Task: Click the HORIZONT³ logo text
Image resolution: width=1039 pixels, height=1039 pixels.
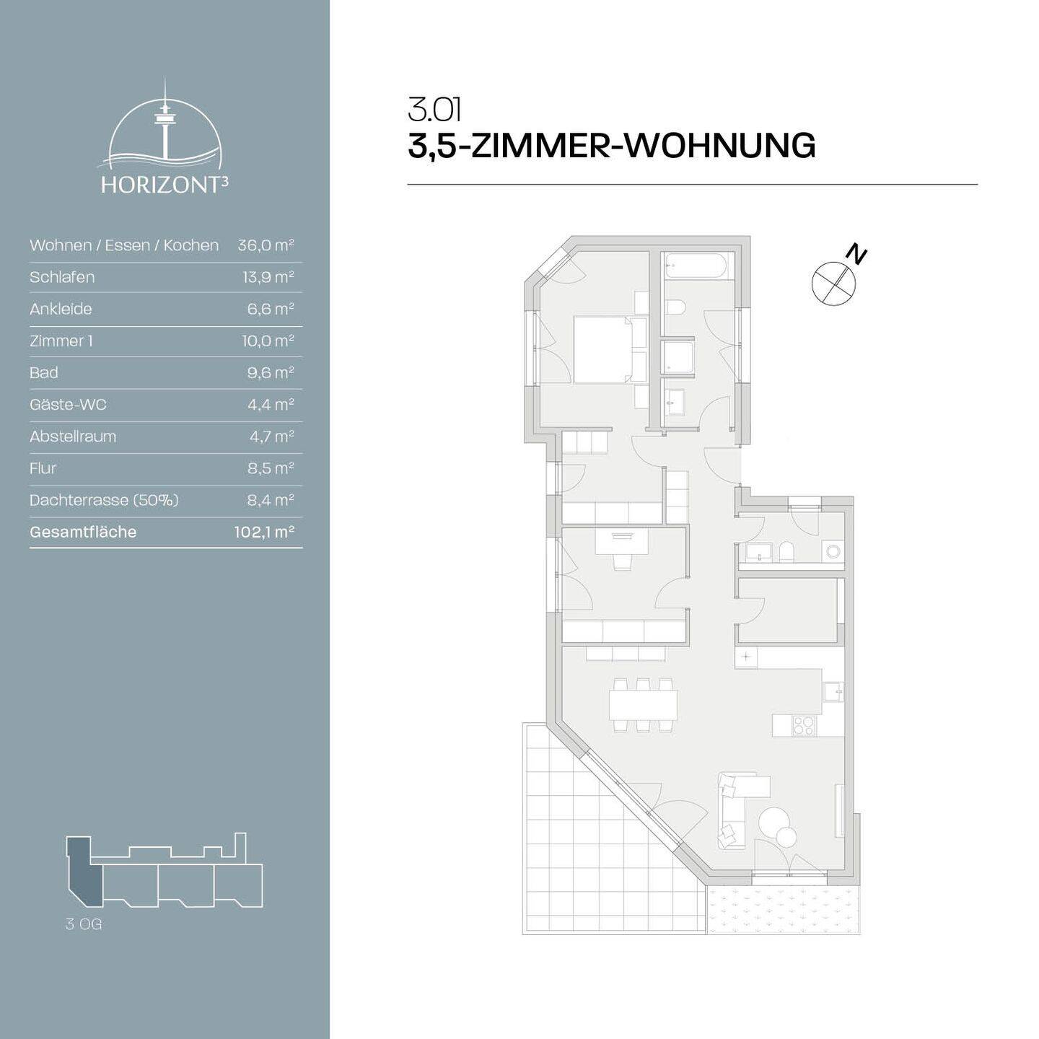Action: coord(165,185)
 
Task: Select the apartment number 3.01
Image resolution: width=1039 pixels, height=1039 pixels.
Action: coord(434,110)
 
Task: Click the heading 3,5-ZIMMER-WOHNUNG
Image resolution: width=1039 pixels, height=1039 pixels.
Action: coord(611,146)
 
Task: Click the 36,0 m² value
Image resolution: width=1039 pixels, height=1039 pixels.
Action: coord(266,245)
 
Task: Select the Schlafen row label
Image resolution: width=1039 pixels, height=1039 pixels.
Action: coord(62,277)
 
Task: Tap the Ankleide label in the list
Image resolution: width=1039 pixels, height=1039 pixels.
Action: coord(61,309)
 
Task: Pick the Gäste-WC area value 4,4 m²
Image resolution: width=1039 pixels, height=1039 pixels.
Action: coord(271,405)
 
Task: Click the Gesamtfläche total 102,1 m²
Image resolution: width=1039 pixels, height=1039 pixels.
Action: coord(264,532)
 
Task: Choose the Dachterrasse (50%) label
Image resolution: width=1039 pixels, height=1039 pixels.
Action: coord(104,500)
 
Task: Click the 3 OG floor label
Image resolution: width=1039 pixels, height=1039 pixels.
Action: coord(84,924)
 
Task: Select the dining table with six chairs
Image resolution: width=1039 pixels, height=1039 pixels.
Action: coord(643,705)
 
